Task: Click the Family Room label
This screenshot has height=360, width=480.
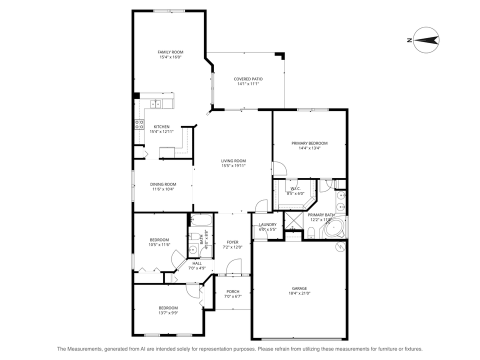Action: pos(170,52)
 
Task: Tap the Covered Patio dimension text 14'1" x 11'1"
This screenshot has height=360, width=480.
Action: pos(248,84)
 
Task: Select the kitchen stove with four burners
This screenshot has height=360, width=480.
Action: pos(138,124)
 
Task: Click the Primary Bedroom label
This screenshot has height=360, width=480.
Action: pos(309,143)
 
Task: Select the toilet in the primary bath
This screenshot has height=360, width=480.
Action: pos(310,231)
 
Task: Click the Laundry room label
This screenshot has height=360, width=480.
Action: pos(267,224)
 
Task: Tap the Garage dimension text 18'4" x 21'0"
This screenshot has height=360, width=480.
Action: pos(299,293)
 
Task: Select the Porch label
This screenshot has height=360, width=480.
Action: pos(232,291)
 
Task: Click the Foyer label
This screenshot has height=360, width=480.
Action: pos(232,242)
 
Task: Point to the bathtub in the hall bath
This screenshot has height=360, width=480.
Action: pos(201,220)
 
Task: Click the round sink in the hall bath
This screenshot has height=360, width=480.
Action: pos(193,249)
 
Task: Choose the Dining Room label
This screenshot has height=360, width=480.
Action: pos(163,184)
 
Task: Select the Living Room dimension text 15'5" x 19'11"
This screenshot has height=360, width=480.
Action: pos(233,166)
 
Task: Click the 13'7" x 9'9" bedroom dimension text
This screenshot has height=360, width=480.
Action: pos(168,313)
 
